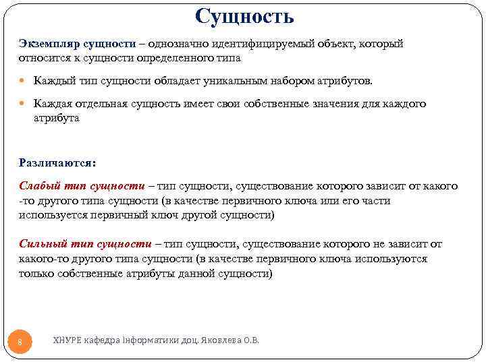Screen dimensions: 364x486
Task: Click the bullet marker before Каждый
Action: pyautogui.click(x=23, y=82)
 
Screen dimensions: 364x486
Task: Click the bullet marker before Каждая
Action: pyautogui.click(x=23, y=104)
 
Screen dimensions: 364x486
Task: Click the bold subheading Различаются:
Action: pyautogui.click(x=57, y=162)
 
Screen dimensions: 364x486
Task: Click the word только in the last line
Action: pyautogui.click(x=35, y=273)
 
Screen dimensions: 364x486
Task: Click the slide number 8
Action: pyautogui.click(x=20, y=343)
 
